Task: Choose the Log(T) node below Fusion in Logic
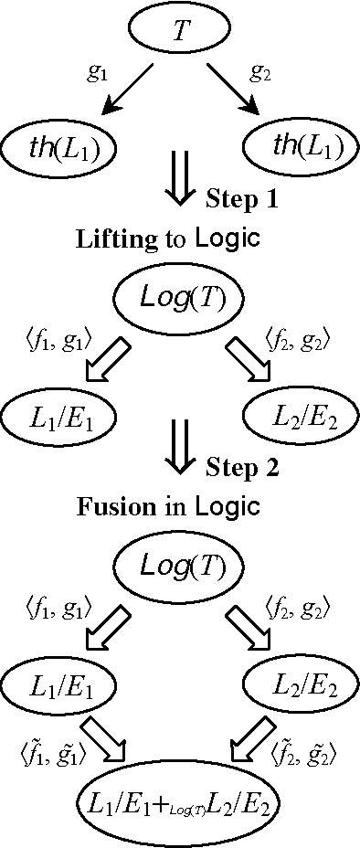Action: coord(179,566)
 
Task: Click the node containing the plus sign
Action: coord(179,804)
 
